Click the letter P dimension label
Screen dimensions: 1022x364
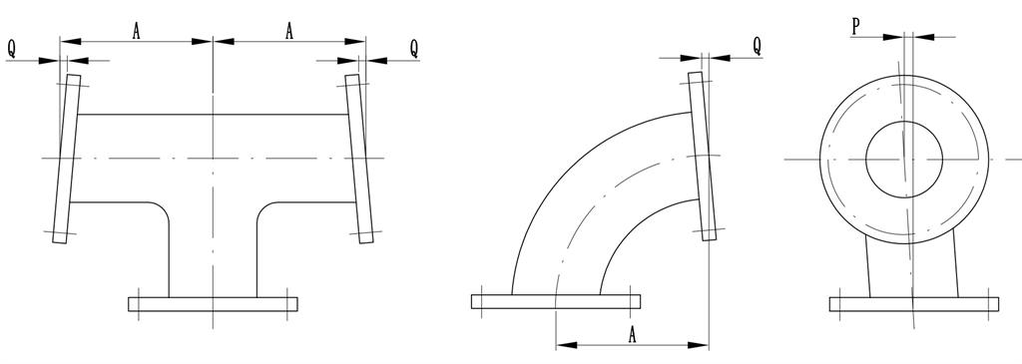[x=855, y=26]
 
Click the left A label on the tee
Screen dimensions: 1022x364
[x=136, y=31]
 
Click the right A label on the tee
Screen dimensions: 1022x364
[x=289, y=31]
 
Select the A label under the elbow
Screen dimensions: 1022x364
[x=632, y=335]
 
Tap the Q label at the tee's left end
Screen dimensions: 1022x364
[x=12, y=48]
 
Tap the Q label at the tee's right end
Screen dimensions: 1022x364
[x=414, y=48]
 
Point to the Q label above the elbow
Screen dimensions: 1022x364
[x=757, y=45]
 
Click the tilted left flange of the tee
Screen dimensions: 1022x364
[x=67, y=159]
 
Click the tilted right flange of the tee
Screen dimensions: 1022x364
[x=359, y=159]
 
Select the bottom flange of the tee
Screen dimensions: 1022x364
[x=214, y=304]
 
